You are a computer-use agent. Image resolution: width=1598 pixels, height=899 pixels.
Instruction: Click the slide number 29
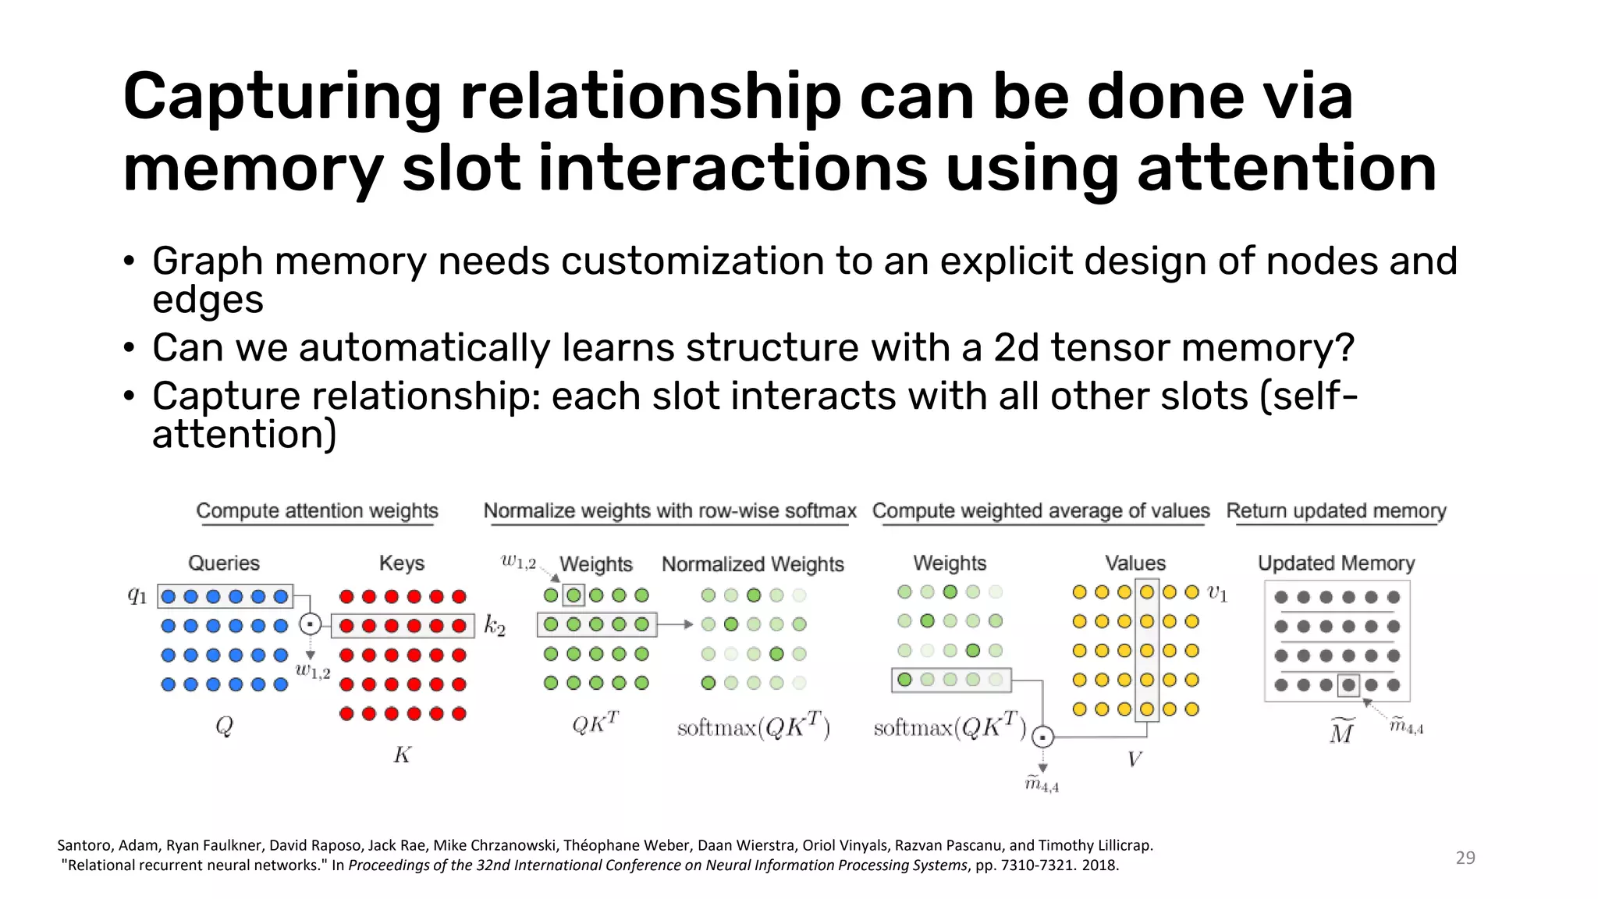(1465, 858)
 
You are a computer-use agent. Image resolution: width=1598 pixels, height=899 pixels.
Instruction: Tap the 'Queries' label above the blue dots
(224, 563)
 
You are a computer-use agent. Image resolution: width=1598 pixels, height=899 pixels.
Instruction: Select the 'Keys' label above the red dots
(402, 563)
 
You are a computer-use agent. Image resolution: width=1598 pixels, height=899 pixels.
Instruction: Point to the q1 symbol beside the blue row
(137, 596)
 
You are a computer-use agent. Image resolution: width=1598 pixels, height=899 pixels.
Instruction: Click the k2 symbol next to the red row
(495, 625)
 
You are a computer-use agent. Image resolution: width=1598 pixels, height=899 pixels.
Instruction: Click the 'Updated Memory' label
(1336, 563)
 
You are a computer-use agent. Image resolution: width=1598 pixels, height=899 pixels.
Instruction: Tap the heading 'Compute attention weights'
(317, 510)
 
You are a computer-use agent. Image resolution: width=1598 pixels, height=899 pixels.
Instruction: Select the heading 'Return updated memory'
(1336, 510)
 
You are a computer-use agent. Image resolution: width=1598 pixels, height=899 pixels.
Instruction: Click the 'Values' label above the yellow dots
(1135, 563)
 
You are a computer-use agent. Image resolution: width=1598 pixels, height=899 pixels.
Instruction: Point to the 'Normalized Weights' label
(752, 563)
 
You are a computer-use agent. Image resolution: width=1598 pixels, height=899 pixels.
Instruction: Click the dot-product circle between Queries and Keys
(311, 624)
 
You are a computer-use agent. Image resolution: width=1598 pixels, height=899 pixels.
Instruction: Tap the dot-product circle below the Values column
(1043, 737)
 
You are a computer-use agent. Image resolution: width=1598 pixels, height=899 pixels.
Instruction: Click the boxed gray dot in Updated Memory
(1348, 685)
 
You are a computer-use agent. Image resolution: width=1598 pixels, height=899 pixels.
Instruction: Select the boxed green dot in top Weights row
(574, 595)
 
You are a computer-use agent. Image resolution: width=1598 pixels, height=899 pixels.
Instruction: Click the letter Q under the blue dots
(224, 727)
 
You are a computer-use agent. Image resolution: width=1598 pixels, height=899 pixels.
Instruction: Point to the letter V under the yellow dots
(1135, 759)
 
